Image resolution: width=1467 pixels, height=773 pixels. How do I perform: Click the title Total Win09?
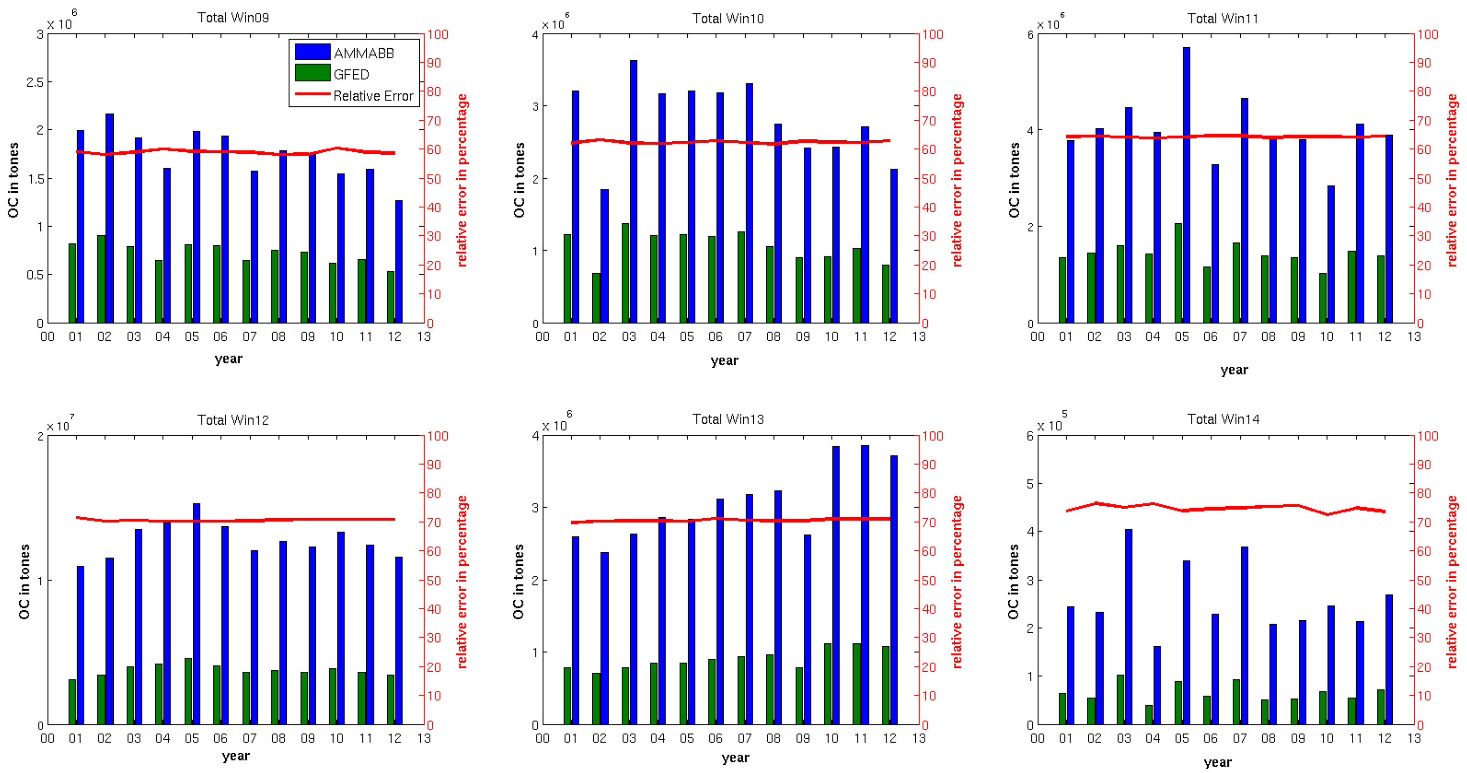(233, 18)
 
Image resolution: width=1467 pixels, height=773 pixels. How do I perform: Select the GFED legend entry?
(351, 75)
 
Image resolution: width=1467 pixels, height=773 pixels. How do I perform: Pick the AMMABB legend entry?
(363, 53)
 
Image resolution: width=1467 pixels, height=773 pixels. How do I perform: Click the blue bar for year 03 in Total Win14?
(1128, 626)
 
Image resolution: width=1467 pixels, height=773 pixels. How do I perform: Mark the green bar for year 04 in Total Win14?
(1148, 715)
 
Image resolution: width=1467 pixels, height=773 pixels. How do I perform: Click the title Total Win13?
(728, 419)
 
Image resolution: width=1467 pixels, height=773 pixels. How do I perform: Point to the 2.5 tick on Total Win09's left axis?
(35, 82)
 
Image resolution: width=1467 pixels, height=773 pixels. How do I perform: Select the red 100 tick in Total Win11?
(1427, 34)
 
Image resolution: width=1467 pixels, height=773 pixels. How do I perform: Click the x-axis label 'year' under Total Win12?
(236, 756)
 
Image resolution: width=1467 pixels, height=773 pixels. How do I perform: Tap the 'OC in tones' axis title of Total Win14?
(1013, 581)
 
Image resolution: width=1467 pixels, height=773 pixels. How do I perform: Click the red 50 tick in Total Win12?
(434, 580)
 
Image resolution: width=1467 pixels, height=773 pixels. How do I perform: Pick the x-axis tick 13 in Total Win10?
(919, 337)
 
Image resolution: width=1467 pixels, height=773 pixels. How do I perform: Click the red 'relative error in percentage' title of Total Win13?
(957, 581)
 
